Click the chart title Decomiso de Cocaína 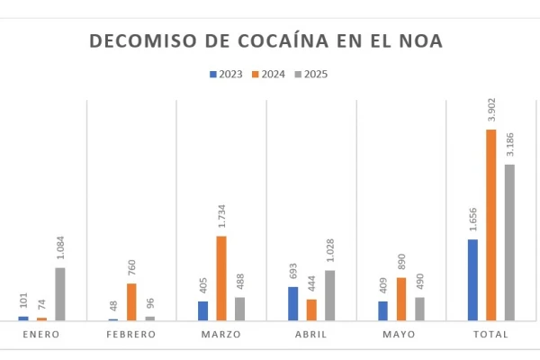[x=265, y=41]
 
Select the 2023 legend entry [x=226, y=75]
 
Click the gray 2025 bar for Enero [x=59, y=293]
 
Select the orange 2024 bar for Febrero [x=131, y=301]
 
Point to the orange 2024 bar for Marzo [x=221, y=278]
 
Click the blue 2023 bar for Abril [x=293, y=303]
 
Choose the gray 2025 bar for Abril [x=329, y=295]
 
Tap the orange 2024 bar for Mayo [x=401, y=299]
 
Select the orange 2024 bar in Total [x=491, y=225]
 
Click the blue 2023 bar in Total [x=473, y=279]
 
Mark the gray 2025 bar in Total [x=509, y=242]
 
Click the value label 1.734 [x=221, y=217]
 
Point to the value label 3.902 [x=491, y=110]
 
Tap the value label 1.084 [x=59, y=248]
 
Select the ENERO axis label [x=41, y=335]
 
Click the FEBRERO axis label [x=131, y=335]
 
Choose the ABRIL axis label [x=311, y=335]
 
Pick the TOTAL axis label [x=491, y=335]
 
